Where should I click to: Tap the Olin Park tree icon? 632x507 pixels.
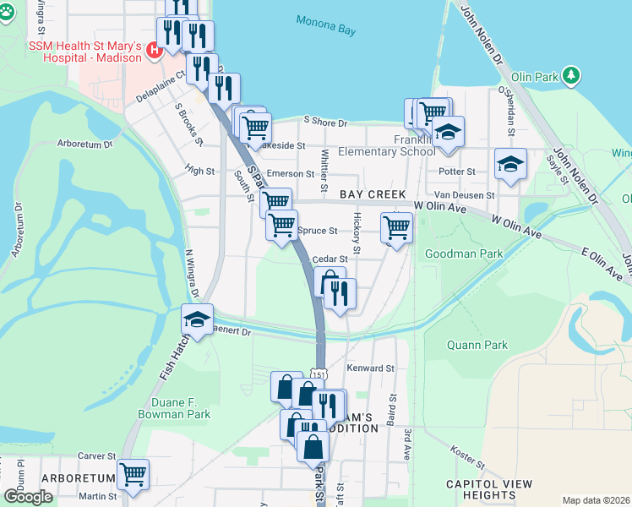[572, 76]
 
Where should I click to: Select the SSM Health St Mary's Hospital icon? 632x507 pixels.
[154, 50]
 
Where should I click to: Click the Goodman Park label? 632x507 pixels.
[464, 253]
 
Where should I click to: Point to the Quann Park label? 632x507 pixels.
[477, 345]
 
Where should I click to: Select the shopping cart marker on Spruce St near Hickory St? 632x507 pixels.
[396, 226]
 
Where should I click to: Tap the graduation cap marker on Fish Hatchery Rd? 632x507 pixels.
[198, 319]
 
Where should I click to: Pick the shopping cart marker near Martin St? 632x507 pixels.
[133, 474]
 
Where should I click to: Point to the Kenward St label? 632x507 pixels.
[371, 368]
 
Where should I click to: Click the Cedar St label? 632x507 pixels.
[330, 259]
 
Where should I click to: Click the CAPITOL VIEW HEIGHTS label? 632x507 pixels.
[489, 489]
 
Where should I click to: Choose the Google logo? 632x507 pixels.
[28, 497]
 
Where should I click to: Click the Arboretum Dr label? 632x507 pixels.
[84, 144]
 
